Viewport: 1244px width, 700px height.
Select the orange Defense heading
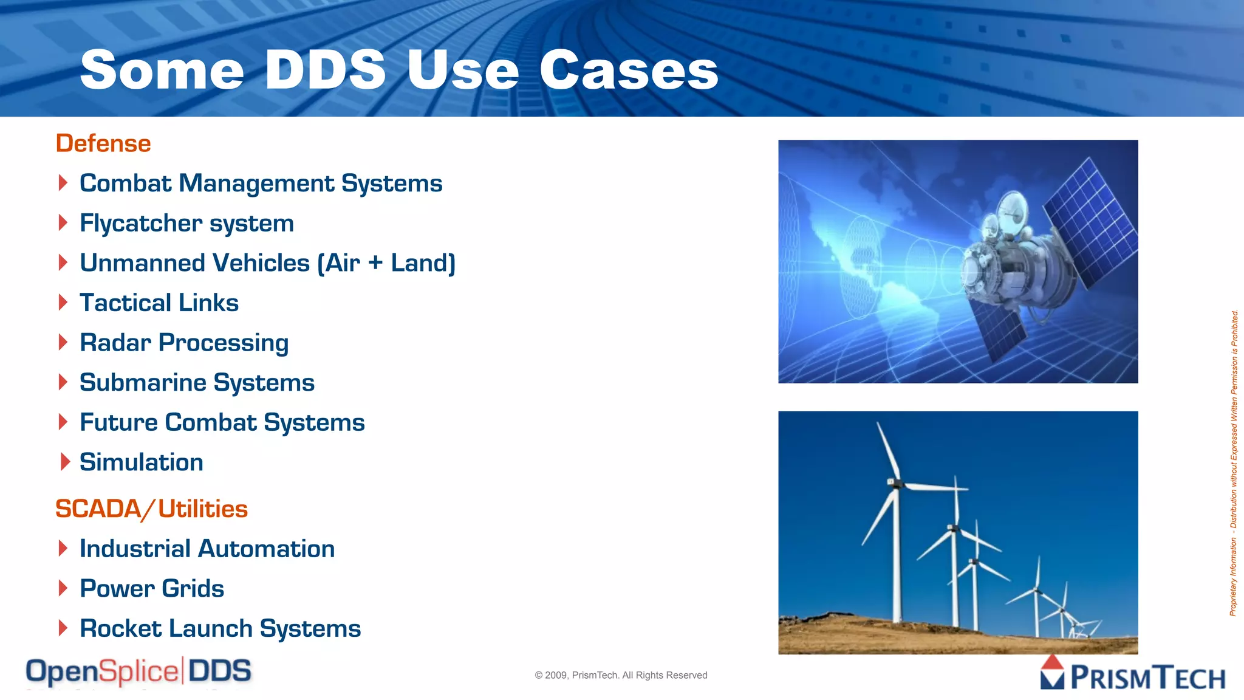[103, 143]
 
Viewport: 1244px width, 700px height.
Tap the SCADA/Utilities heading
[151, 509]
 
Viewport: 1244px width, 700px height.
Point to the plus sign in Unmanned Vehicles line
[375, 263]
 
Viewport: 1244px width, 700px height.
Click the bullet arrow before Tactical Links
[63, 303]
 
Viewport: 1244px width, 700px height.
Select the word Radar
[115, 343]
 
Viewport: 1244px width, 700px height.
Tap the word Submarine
[143, 383]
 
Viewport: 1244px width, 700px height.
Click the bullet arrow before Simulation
[65, 462]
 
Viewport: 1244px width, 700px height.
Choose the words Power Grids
[152, 588]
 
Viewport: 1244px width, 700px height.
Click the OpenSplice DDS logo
[138, 672]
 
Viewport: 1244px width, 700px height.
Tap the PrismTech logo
[1133, 674]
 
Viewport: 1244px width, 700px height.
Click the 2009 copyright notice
[621, 675]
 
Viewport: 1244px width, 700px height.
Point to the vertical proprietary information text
[1234, 462]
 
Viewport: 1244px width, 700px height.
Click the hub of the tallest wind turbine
[893, 483]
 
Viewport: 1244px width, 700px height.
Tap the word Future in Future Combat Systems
[118, 422]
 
